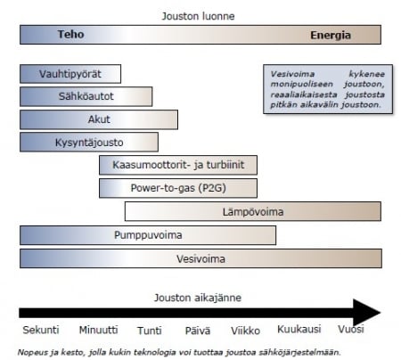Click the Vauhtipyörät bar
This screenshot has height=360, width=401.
point(70,74)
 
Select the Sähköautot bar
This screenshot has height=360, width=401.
point(86,96)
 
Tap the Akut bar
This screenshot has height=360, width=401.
point(99,119)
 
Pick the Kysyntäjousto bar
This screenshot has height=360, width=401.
point(89,143)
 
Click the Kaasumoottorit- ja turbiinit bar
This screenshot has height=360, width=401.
point(178,165)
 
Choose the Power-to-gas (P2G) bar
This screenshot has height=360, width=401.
point(178,188)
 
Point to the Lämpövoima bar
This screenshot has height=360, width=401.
point(253,211)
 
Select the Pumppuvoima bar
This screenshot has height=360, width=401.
point(148,235)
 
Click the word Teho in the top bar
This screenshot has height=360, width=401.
point(70,34)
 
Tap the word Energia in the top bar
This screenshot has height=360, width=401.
point(331,36)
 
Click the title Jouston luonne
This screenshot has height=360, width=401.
point(198,16)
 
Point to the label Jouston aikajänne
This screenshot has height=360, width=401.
point(198,298)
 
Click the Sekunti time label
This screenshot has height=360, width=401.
point(41,330)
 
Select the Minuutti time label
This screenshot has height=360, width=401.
point(98,330)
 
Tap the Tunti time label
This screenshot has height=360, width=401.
point(150,331)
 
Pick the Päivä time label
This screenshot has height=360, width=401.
point(198,331)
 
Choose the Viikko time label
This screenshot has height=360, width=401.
point(245,331)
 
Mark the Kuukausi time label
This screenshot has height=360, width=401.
point(299,329)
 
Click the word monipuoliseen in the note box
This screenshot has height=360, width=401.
point(301,84)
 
